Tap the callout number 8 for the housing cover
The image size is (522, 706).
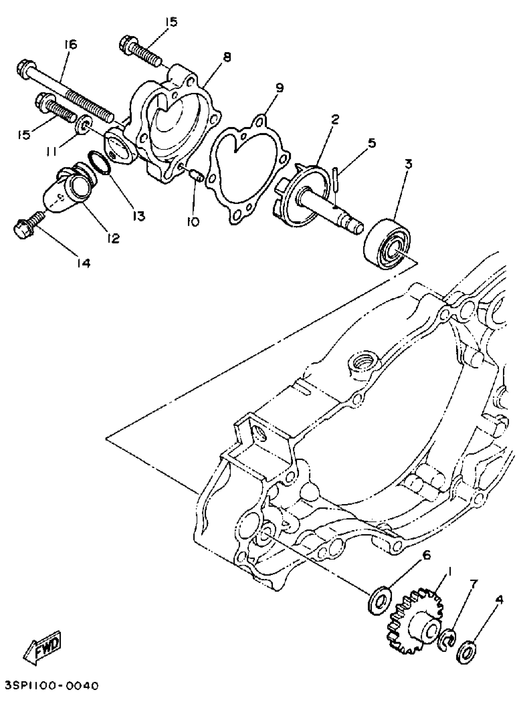tap(227, 57)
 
